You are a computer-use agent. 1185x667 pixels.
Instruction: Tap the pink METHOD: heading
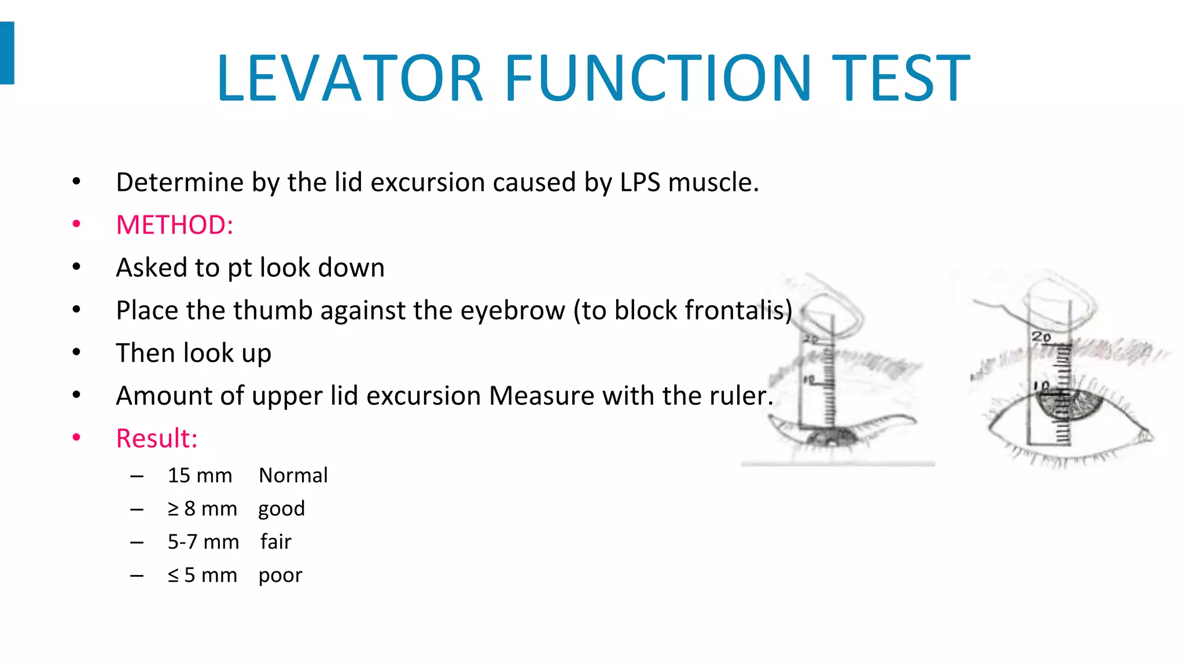(x=174, y=225)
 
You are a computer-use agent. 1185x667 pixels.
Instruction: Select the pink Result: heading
(x=157, y=438)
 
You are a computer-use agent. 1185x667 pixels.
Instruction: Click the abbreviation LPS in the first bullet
(x=640, y=182)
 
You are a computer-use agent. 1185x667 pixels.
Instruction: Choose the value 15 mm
(x=200, y=475)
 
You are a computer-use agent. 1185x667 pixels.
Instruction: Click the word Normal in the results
(x=293, y=475)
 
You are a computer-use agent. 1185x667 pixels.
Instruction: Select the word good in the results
(x=281, y=509)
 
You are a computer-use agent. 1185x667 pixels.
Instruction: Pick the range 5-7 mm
(x=203, y=542)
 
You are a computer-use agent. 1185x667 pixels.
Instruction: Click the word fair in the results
(x=275, y=542)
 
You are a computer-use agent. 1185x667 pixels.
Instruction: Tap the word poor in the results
(x=280, y=576)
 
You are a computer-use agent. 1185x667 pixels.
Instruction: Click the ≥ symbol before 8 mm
(x=173, y=509)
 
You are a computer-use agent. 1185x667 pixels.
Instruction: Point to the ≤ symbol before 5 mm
(x=173, y=576)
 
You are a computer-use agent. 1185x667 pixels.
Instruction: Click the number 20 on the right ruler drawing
(x=1040, y=336)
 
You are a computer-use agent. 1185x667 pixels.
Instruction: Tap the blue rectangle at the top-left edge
(x=7, y=53)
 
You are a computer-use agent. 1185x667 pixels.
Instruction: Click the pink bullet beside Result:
(x=76, y=438)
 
